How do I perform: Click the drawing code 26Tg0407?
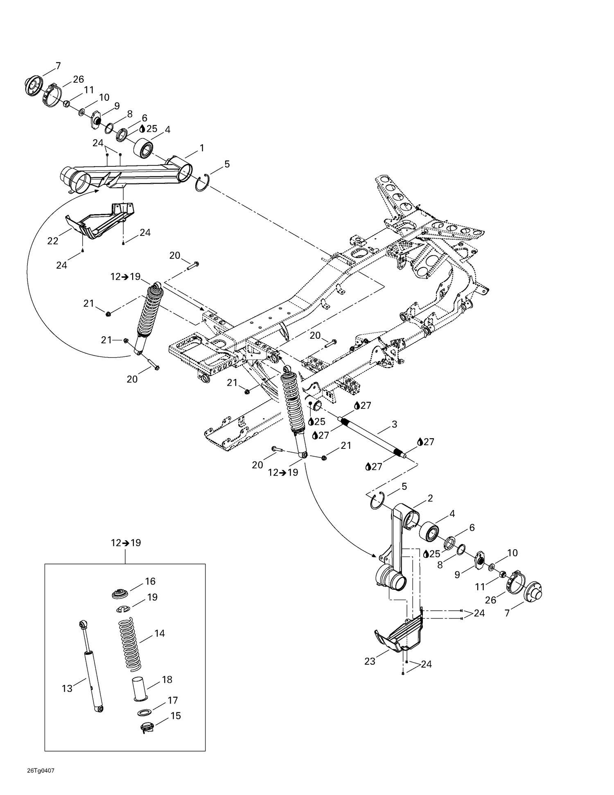pos(41,770)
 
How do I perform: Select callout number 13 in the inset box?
pos(67,689)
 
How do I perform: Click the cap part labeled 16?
pos(120,594)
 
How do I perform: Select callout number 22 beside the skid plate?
pos(53,241)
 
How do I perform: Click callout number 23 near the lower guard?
pos(370,661)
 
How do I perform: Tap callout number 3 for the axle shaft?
pos(394,424)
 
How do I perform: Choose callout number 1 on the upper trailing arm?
pos(201,148)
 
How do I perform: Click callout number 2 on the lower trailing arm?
pos(430,498)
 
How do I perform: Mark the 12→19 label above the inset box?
pos(126,543)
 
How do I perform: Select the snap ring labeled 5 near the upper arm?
pos(203,182)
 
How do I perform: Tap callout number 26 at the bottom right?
pos(490,600)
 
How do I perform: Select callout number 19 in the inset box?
pos(152,597)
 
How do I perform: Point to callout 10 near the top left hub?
pos(104,97)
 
